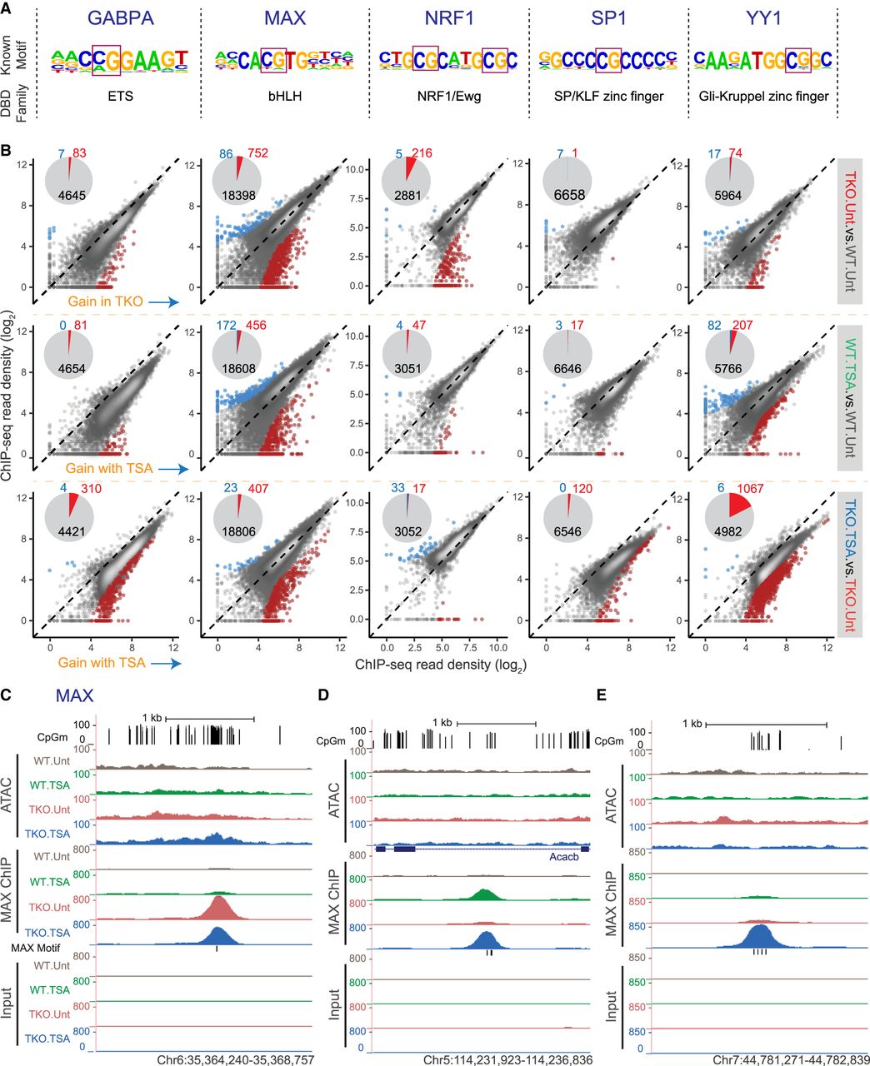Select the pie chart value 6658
pyautogui.click(x=567, y=193)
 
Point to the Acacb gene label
pyautogui.click(x=564, y=857)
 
